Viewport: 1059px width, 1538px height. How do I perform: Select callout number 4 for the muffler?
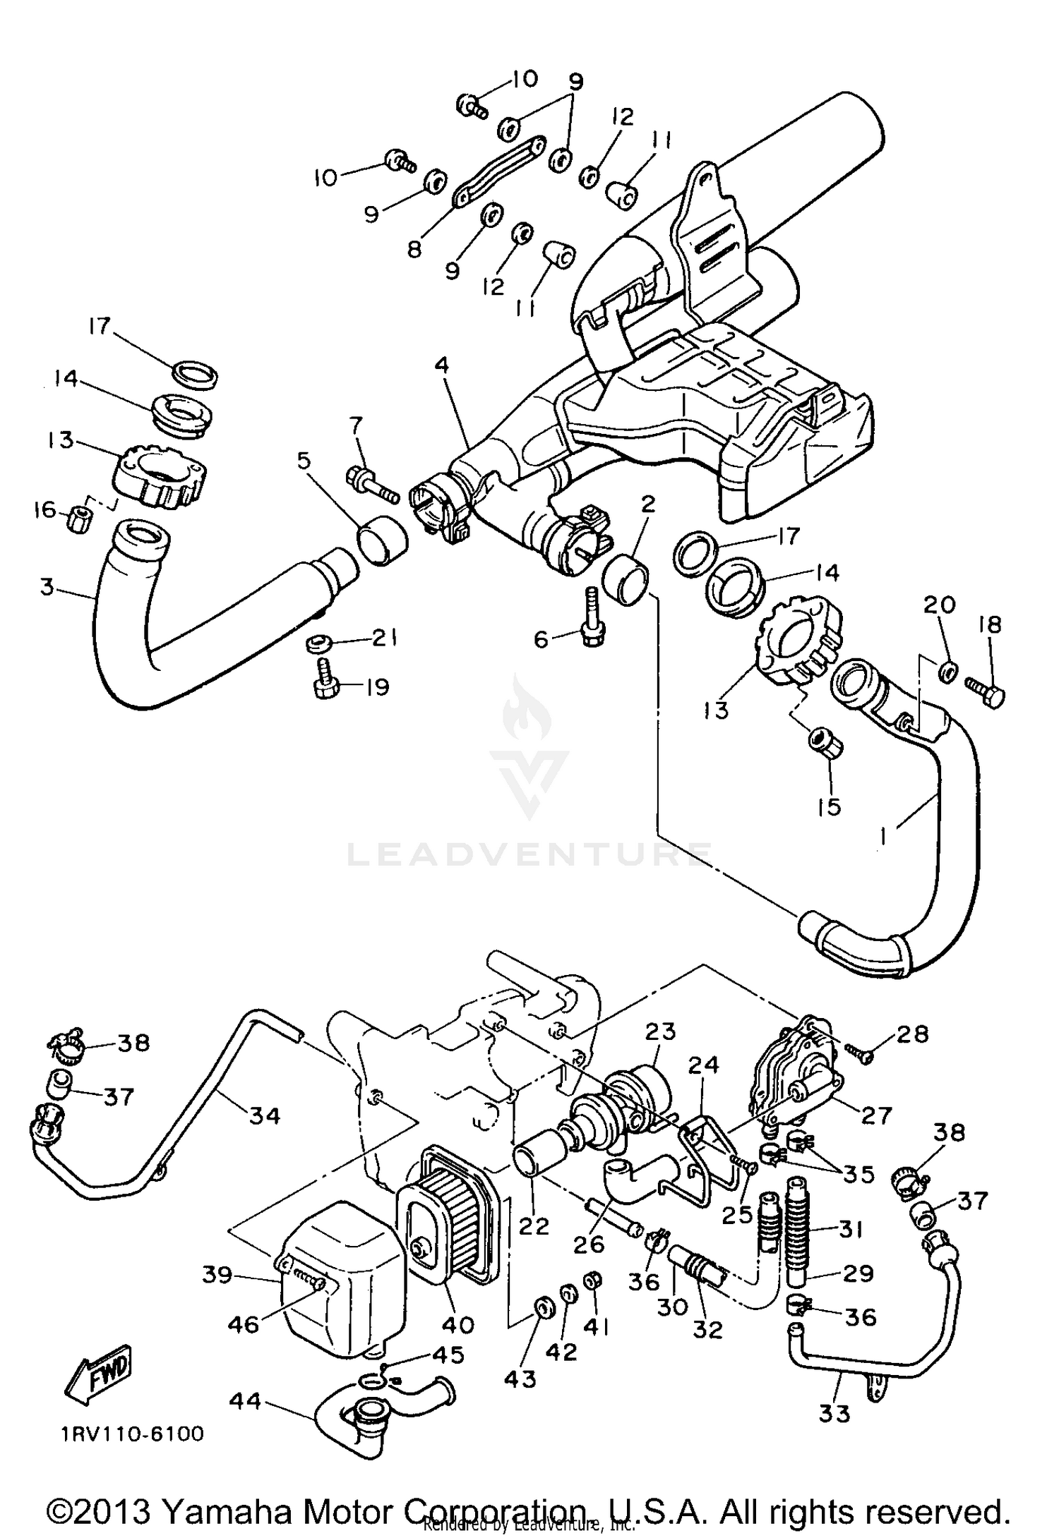point(441,365)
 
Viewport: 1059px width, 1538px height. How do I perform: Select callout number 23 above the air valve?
point(660,1031)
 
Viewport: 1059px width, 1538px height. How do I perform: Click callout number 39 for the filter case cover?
point(217,1274)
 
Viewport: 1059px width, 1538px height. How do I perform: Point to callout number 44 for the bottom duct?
point(245,1401)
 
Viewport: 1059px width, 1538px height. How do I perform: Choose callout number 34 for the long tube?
point(265,1115)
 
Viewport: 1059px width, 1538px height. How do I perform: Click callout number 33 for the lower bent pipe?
point(834,1413)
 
